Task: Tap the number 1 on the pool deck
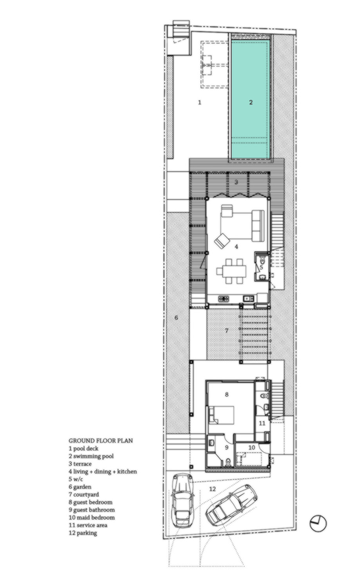(200, 103)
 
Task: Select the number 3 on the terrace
(236, 182)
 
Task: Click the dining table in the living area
(231, 271)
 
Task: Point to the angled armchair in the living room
(222, 241)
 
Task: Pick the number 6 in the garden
(176, 318)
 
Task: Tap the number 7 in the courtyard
(227, 330)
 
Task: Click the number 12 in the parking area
(212, 489)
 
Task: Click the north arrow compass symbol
(318, 523)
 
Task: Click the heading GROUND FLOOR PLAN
(101, 441)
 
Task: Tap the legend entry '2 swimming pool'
(91, 456)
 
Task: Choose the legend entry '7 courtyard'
(84, 495)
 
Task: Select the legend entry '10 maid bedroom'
(92, 517)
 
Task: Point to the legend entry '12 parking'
(83, 533)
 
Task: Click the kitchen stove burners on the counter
(224, 299)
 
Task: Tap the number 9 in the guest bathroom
(227, 447)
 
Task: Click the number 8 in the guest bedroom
(227, 394)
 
